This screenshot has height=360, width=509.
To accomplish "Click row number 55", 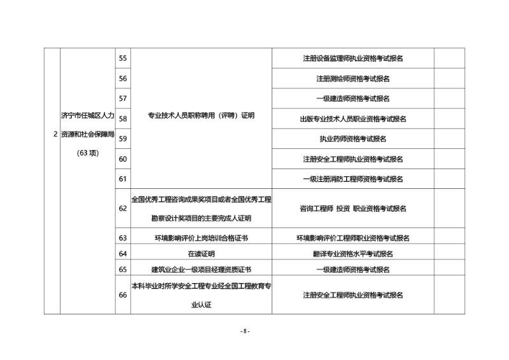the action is [123, 59].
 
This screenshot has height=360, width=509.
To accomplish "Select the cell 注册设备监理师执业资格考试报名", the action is [353, 59].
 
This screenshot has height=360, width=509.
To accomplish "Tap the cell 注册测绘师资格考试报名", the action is [353, 79].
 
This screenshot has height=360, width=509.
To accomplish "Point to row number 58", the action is [123, 119].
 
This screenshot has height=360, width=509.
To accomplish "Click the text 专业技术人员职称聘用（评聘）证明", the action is [201, 116].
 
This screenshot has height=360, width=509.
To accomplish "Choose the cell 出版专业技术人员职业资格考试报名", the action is [353, 119].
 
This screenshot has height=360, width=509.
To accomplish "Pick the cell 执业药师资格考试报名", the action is [353, 139].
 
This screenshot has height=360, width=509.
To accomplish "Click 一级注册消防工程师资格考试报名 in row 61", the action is [353, 179].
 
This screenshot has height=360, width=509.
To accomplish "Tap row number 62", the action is [123, 209].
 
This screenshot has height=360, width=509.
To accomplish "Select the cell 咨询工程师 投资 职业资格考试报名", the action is [353, 209].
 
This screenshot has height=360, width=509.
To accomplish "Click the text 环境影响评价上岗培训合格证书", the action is [201, 238].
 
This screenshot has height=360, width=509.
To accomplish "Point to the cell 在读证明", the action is [201, 254].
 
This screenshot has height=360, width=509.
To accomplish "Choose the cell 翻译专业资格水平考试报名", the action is [353, 254].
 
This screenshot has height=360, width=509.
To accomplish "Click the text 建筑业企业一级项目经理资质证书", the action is [201, 270].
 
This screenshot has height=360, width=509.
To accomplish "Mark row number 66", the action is [123, 295].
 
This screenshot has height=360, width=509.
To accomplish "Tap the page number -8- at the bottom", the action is [245, 331].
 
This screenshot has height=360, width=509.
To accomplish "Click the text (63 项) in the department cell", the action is [88, 153].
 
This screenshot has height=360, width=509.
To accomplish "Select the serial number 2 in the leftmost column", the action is [55, 134].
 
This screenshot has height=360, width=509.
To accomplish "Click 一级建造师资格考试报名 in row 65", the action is [353, 270].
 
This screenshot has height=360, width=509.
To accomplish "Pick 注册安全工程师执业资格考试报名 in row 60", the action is [353, 159].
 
